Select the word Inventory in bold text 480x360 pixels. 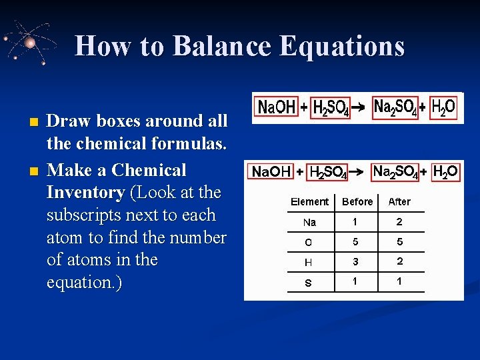[85, 193]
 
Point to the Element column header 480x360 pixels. [309, 201]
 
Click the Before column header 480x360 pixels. [357, 201]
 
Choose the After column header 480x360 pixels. [399, 201]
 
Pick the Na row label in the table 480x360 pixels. [309, 222]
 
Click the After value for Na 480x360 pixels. [399, 221]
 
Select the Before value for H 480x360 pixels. [355, 262]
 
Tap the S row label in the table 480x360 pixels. [308, 283]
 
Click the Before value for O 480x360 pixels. [355, 242]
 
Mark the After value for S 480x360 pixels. [399, 281]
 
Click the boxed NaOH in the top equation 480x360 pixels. [276, 107]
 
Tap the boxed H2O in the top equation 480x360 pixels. [443, 107]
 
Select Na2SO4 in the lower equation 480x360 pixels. [395, 172]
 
